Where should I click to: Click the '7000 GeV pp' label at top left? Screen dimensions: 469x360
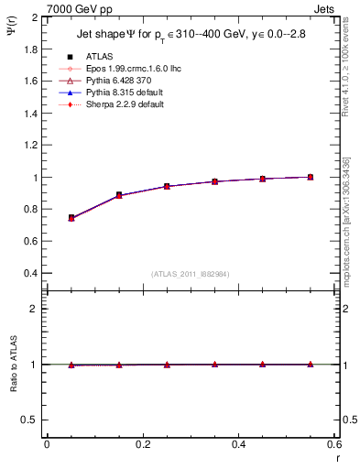pyautogui.click(x=75, y=8)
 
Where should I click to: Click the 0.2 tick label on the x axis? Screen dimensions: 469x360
pyautogui.click(x=142, y=444)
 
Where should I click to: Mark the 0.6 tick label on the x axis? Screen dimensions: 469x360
pyautogui.click(x=334, y=444)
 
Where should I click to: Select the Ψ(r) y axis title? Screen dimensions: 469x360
pyautogui.click(x=10, y=30)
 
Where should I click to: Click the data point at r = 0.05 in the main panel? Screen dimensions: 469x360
pyautogui.click(x=71, y=218)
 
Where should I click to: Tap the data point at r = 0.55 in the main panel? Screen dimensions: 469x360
pyautogui.click(x=311, y=177)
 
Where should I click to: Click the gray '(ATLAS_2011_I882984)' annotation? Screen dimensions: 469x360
pyautogui.click(x=190, y=274)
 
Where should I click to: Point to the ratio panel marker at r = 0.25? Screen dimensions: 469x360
pyautogui.click(x=167, y=365)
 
